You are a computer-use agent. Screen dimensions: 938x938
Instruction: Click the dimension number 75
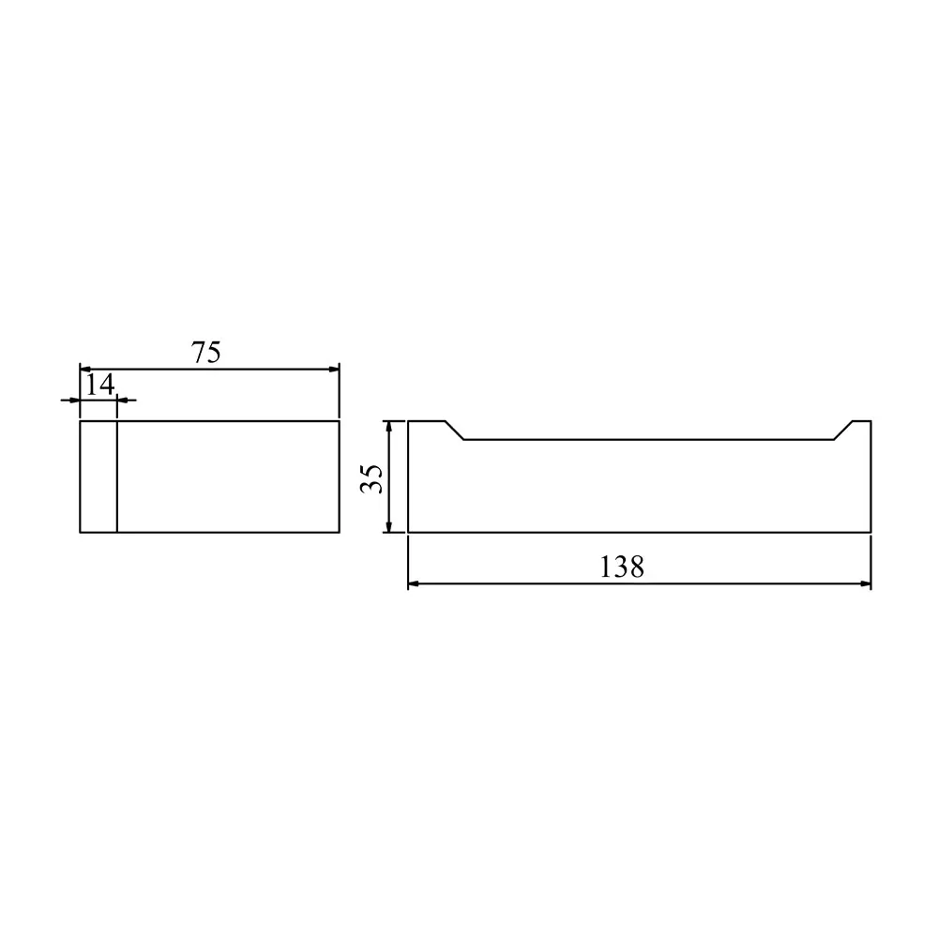coord(205,353)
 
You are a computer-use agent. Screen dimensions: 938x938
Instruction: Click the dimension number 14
coord(100,385)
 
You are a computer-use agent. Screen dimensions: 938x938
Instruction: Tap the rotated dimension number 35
coord(371,478)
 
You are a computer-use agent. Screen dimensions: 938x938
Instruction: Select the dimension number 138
coord(622,567)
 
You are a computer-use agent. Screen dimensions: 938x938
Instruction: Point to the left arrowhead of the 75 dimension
coord(85,369)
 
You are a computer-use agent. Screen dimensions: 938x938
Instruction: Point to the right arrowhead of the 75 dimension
coord(334,369)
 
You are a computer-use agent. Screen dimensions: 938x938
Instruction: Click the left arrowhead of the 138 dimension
coord(414,583)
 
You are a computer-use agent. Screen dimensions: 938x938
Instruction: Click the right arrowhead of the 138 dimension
coord(865,583)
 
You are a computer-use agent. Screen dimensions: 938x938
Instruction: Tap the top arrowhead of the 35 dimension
coord(389,427)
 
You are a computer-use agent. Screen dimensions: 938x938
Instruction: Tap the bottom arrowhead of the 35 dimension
coord(389,526)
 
